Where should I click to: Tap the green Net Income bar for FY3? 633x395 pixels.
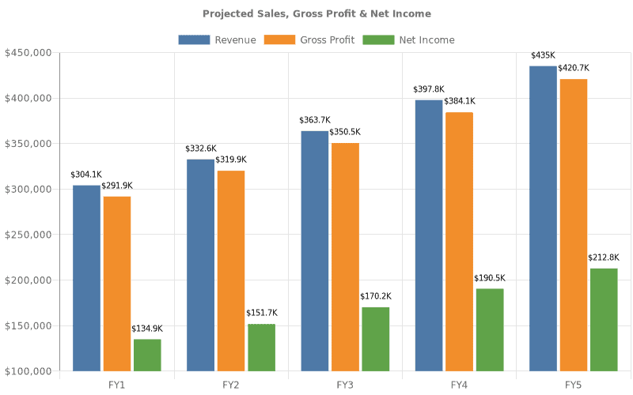[x=375, y=339]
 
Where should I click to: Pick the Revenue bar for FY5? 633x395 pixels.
[x=543, y=218]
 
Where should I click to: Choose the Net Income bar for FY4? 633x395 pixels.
[x=490, y=329]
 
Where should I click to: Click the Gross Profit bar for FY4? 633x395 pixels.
[x=459, y=242]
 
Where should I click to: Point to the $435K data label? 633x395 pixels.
[x=543, y=56]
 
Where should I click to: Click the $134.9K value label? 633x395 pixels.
[x=147, y=329]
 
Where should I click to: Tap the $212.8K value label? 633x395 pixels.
[x=604, y=258]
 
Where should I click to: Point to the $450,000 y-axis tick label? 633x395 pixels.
[x=28, y=53]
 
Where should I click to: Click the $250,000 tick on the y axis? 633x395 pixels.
[x=28, y=235]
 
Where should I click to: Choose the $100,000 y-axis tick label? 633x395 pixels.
[x=28, y=371]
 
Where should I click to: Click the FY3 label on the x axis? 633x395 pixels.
[x=345, y=385]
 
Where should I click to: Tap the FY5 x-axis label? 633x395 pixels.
[x=573, y=385]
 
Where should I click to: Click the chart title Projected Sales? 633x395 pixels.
[x=316, y=13]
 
